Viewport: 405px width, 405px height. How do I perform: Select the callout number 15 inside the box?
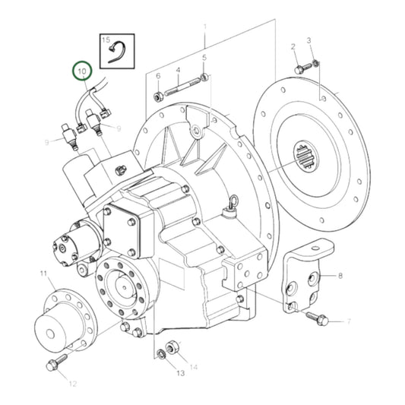(x=106, y=40)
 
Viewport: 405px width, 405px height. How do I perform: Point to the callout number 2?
(x=294, y=48)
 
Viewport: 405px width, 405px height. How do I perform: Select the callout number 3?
(x=309, y=40)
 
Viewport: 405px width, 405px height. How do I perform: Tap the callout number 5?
(x=204, y=58)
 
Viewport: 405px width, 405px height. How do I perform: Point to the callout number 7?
(x=348, y=322)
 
